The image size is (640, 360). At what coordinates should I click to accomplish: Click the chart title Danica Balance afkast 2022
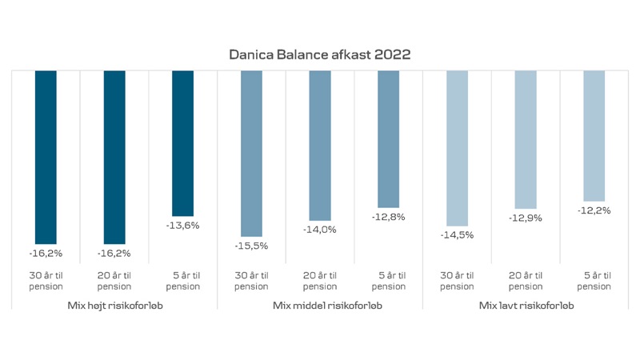[x=320, y=54]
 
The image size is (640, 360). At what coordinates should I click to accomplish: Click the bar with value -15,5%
[x=251, y=152]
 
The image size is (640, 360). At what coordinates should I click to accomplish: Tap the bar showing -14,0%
[x=320, y=145]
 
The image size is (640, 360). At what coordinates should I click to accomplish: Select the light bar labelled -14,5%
[x=457, y=148]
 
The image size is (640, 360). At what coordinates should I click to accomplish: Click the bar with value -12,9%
[x=526, y=139]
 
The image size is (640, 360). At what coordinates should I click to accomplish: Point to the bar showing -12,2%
[x=594, y=135]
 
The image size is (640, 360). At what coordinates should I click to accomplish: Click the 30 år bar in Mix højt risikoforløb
[x=46, y=156]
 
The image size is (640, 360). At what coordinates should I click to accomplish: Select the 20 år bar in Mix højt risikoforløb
[x=114, y=156]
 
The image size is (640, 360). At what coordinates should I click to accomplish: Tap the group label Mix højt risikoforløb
[x=114, y=305]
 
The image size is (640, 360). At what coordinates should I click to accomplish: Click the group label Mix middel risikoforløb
[x=320, y=305]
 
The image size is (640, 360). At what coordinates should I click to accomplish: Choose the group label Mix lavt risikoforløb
[x=525, y=305]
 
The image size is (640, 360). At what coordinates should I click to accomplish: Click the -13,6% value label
[x=183, y=226]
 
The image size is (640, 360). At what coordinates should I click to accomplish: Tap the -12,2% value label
[x=594, y=210]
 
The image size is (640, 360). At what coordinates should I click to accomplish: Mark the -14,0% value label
[x=320, y=230]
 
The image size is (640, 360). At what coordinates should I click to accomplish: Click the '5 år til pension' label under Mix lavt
[x=594, y=281]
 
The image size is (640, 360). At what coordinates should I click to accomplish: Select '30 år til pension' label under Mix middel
[x=251, y=281]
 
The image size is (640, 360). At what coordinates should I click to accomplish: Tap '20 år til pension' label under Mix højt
[x=114, y=281]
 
